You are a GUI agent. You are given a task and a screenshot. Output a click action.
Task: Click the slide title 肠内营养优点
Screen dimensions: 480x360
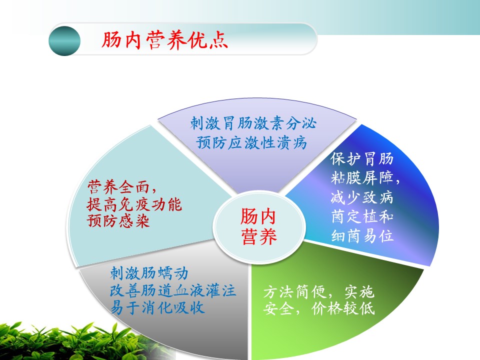coord(164,40)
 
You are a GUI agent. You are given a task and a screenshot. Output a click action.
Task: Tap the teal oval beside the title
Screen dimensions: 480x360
coord(64,41)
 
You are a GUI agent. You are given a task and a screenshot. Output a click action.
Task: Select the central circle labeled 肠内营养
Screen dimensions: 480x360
coord(259,226)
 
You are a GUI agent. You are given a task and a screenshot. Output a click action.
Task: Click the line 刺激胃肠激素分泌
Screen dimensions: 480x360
coord(253,123)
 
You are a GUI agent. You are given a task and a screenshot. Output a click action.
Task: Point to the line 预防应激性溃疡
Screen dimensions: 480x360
coord(251,142)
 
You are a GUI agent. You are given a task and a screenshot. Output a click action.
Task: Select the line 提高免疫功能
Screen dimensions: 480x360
coord(134,204)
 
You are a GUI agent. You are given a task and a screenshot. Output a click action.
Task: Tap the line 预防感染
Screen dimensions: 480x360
coord(118,220)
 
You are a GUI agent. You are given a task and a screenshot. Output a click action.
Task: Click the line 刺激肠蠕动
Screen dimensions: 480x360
coord(149,273)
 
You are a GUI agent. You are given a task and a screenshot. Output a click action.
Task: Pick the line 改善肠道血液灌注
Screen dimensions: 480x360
coord(173,290)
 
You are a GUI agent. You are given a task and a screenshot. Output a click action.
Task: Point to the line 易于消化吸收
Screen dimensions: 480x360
coord(157,307)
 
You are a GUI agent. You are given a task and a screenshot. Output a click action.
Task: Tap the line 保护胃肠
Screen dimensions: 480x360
coord(362,159)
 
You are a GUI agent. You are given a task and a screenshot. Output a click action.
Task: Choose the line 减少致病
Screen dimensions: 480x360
coord(362,197)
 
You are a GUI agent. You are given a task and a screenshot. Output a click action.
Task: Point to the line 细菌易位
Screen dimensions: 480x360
coord(362,236)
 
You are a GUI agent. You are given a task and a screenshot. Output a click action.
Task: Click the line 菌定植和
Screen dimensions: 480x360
coord(362,216)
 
